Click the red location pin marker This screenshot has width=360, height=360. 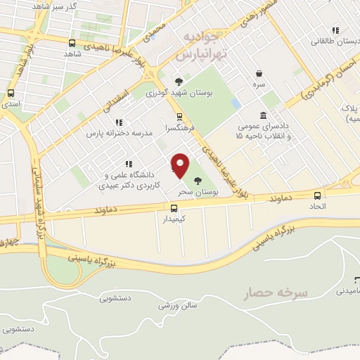click(x=181, y=166)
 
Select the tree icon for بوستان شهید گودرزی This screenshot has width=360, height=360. click(x=179, y=81)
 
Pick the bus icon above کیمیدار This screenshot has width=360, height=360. click(x=173, y=207)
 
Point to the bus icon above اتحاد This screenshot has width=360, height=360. click(x=318, y=196)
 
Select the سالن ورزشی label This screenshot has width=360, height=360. click(x=176, y=306)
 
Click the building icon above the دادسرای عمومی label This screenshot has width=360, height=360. click(x=263, y=115)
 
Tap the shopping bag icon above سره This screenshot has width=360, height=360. click(x=259, y=73)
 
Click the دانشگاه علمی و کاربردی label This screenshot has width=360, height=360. click(x=132, y=179)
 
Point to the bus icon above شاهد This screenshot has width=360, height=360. click(x=71, y=42)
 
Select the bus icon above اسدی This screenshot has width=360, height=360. click(x=11, y=93)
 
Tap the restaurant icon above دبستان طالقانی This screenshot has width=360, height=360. click(x=335, y=30)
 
